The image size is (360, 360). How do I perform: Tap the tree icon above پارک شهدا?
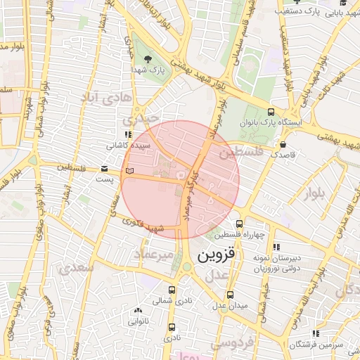click(147, 59)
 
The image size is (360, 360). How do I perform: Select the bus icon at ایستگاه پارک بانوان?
click(271, 111)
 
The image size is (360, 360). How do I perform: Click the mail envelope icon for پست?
click(104, 169)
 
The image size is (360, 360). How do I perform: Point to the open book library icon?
click(127, 170)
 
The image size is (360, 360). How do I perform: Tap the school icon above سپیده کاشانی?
click(127, 135)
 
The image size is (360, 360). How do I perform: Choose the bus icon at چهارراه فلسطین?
click(239, 223)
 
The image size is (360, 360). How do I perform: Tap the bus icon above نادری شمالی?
click(172, 289)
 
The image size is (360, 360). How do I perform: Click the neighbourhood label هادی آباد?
click(105, 98)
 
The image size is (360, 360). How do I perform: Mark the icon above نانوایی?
click(138, 310)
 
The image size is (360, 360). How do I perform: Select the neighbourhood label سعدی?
click(75, 268)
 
